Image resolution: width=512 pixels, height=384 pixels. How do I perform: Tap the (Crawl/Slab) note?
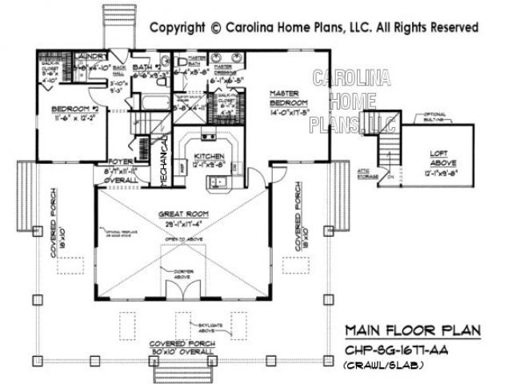(x=384, y=366)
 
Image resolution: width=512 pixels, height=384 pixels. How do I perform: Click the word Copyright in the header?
(x=178, y=27)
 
